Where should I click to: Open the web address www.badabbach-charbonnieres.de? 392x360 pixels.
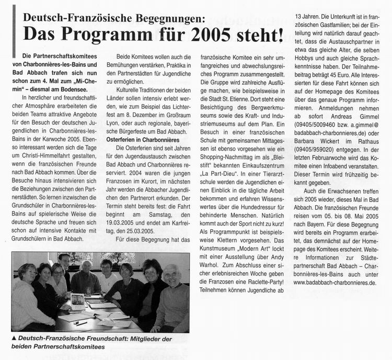[x=335, y=283]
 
